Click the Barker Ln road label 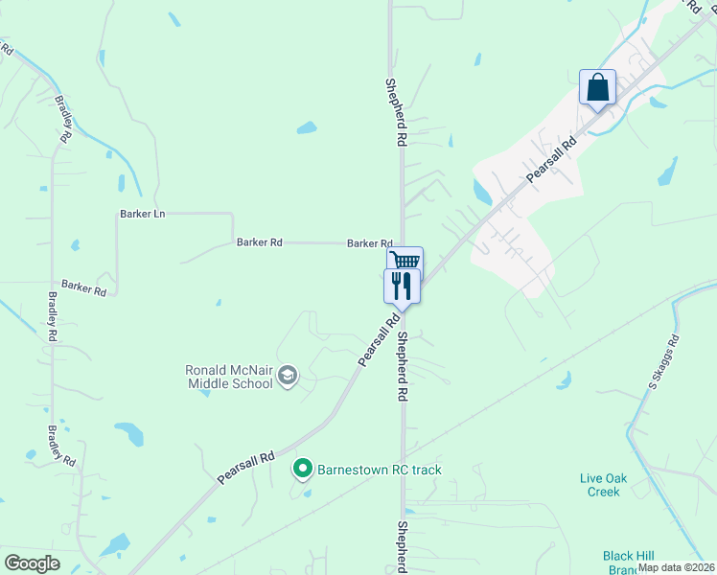click(x=143, y=214)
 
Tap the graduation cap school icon click(x=287, y=377)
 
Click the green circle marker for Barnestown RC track click(x=303, y=469)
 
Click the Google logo click(x=32, y=563)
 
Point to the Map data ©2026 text click(x=676, y=567)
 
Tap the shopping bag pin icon click(x=597, y=88)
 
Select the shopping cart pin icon click(x=405, y=261)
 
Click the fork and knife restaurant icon click(x=402, y=285)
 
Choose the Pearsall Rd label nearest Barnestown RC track click(x=245, y=467)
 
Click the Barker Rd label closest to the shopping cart click(x=370, y=243)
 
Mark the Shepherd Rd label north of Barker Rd click(x=393, y=112)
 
